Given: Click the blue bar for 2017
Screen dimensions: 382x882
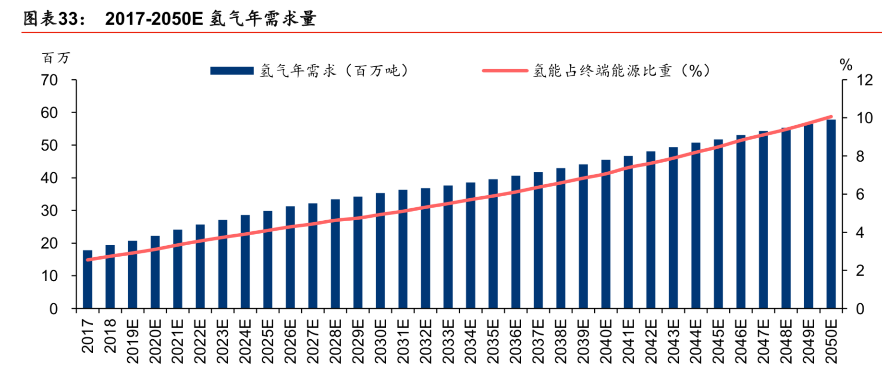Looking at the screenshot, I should pos(87,279).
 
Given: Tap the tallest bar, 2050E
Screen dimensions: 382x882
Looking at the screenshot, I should pos(831,214).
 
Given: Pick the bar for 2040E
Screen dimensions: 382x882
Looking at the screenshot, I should pos(606,234).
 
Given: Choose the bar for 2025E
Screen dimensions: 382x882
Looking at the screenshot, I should pos(268,260).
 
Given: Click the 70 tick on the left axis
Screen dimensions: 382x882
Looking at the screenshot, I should pos(49,80).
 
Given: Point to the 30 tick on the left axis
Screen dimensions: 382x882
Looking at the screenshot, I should pos(49,211).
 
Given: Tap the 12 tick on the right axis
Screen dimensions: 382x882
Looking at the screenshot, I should pos(864,80).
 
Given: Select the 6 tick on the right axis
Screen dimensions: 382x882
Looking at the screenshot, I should pos(860,194).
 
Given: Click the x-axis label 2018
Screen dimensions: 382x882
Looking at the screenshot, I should pos(110,336).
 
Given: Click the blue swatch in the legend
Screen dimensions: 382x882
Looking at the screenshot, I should pos(232,71).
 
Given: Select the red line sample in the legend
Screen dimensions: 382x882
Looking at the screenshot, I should pos(504,71).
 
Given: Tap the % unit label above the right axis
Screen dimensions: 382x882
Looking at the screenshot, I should pos(845,64).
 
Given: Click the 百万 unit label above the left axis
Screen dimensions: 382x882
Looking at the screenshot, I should pos(56,58).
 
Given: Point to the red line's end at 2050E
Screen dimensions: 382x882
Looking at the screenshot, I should pos(831,117).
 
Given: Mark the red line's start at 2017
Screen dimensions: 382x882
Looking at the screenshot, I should pos(88,260).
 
